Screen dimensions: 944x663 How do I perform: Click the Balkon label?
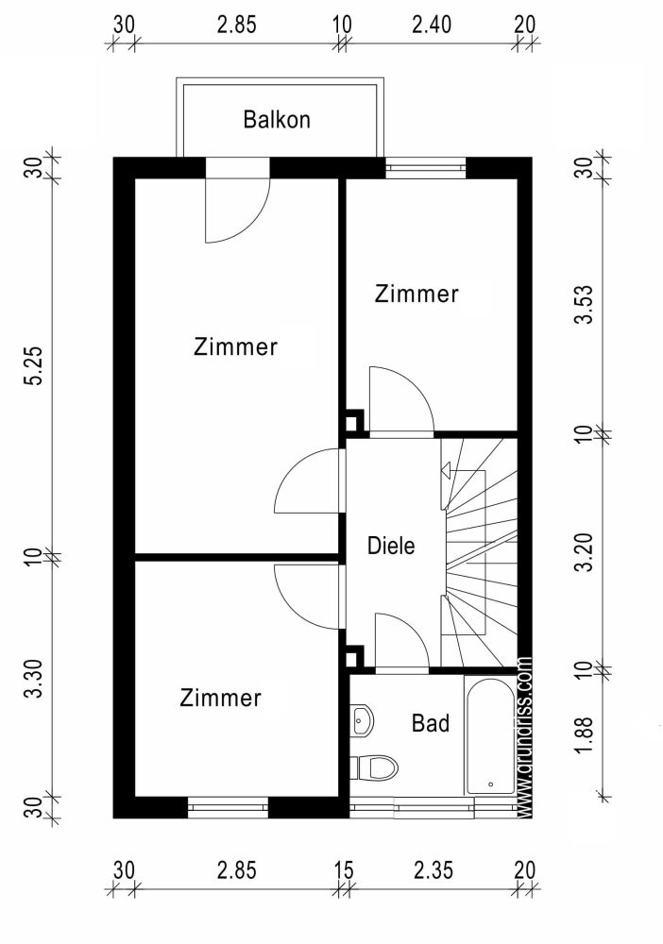pos(277,120)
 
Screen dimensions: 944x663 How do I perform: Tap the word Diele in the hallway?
pos(391,545)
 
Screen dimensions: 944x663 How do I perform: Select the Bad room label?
pos(430,724)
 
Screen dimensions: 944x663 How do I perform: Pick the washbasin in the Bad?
pos(362,722)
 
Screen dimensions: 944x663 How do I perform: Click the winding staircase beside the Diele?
pos(480,552)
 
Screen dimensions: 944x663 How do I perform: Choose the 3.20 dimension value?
pos(587,552)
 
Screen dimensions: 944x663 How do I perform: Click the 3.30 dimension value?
pos(35,680)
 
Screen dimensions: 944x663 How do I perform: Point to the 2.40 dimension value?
pos(431,25)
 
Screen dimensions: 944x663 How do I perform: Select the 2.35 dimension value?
pos(433,870)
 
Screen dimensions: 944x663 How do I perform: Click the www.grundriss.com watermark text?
pos(525,736)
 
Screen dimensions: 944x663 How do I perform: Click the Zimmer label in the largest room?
pos(235,346)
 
